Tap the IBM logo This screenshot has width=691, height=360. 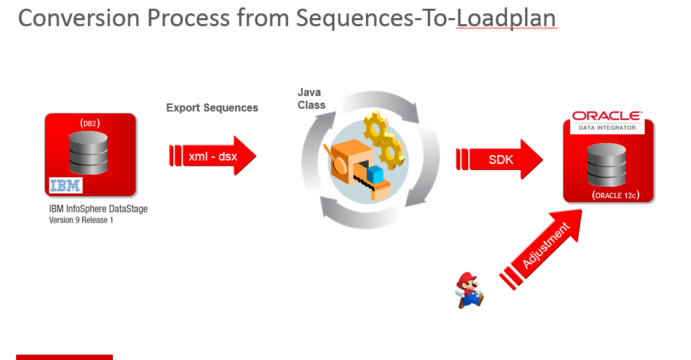coord(66,185)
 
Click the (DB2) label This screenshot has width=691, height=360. coord(90,123)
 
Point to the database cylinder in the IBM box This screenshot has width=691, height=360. coord(89,152)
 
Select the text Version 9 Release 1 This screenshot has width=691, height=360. coord(81,220)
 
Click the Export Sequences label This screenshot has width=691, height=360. coord(212,107)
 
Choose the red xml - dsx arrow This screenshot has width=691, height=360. coord(212,157)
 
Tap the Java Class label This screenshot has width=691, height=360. coord(311,99)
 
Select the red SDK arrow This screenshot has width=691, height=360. coord(500,160)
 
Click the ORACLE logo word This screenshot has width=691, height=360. coord(607,116)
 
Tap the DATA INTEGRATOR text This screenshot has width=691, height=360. coord(607,127)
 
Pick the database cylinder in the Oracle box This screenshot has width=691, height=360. coord(606,164)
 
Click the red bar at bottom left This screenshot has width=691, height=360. coord(64,357)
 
